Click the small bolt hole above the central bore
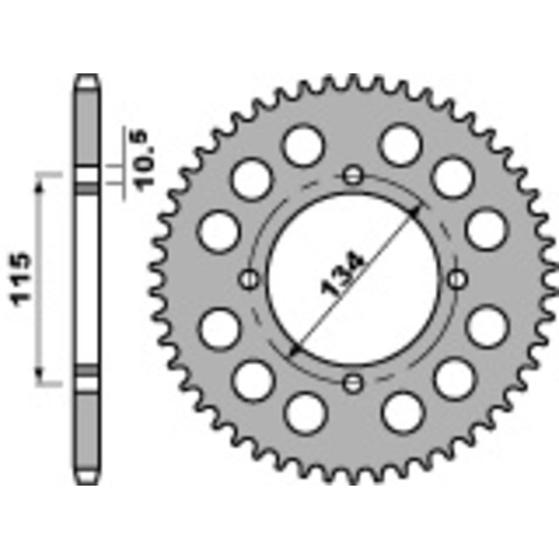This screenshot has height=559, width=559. [354, 175]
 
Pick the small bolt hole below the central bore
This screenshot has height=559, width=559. [354, 382]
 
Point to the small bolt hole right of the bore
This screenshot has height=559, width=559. [458, 279]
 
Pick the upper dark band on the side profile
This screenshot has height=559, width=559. [87, 189]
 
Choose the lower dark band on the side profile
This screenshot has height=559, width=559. [87, 370]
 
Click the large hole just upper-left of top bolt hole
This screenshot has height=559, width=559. [305, 145]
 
